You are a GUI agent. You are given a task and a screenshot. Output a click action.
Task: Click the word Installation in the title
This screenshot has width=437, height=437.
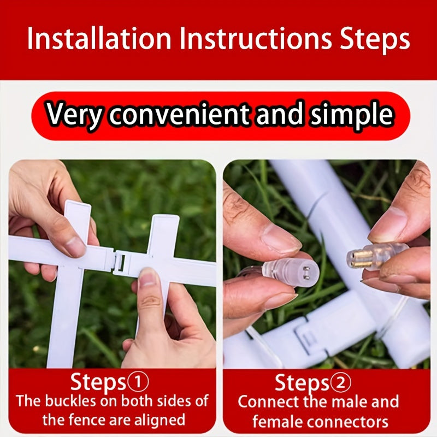(x=99, y=38)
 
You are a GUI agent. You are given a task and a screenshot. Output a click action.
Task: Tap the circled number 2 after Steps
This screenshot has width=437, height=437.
(x=340, y=382)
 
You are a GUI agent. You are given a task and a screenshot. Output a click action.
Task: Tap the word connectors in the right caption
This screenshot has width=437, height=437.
(x=349, y=421)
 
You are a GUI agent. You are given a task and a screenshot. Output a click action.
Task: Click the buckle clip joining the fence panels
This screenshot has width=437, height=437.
(x=121, y=262)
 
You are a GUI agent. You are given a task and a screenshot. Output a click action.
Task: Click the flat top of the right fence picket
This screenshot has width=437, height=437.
(x=166, y=220)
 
